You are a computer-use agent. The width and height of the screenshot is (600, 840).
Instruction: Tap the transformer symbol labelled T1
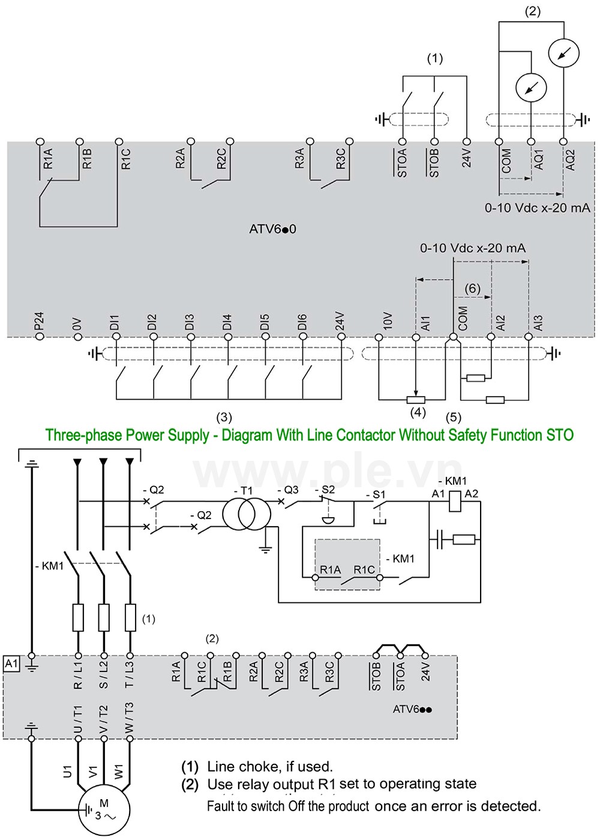[x=247, y=514]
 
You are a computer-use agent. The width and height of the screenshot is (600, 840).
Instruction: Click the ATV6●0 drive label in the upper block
[x=272, y=229]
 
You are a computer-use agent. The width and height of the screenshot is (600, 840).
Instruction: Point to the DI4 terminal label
[x=227, y=323]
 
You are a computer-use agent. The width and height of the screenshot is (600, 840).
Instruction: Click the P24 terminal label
[x=40, y=322]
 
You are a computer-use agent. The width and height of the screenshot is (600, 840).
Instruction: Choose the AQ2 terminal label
[x=569, y=160]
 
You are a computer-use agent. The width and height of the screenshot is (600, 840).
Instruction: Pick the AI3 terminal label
[x=538, y=323]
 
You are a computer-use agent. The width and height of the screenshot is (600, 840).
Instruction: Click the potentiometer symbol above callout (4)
[x=416, y=400]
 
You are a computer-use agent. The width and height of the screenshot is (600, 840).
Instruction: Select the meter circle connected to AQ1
[x=531, y=88]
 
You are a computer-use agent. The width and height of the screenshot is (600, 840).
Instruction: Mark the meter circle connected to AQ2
[x=563, y=53]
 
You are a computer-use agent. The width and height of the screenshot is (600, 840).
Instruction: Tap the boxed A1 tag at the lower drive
[x=11, y=664]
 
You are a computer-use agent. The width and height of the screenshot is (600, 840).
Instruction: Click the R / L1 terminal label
[x=78, y=675]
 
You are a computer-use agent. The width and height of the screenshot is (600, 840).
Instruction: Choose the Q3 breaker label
[x=288, y=490]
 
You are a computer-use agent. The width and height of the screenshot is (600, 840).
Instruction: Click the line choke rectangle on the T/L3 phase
[x=130, y=617]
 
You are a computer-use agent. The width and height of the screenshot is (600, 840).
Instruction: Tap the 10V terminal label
[x=388, y=321]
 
